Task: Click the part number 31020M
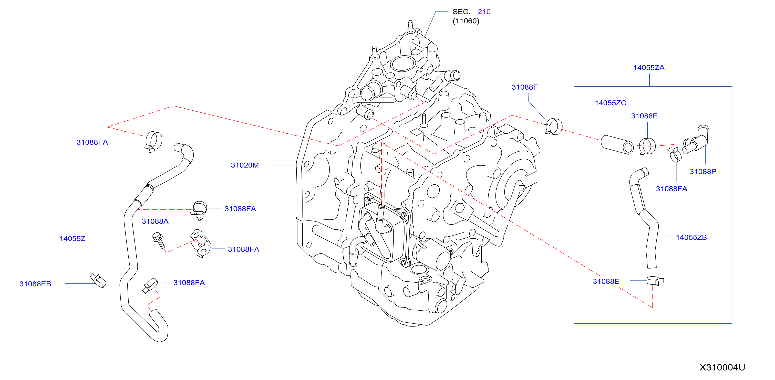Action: coord(245,165)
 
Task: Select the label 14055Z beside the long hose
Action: coord(73,238)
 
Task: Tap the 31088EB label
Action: coord(35,284)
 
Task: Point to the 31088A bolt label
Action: coord(155,221)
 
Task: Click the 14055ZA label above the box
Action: coord(649,68)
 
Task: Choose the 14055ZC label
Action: coord(611,103)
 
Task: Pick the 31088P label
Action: coord(703,171)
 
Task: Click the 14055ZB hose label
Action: coord(691,237)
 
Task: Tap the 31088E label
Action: coord(606,281)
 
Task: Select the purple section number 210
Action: coord(484,12)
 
